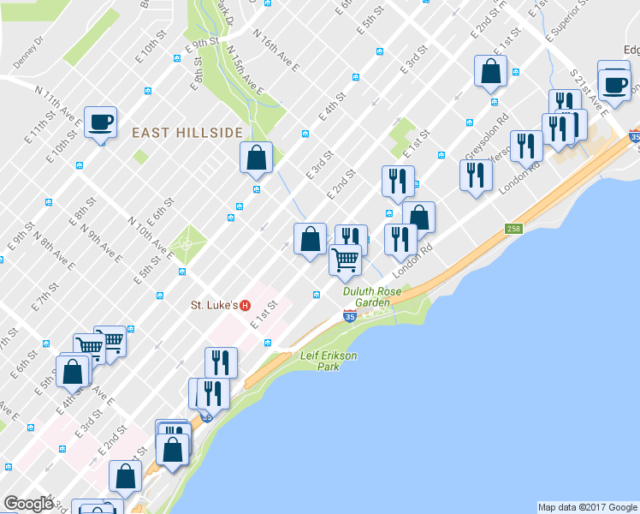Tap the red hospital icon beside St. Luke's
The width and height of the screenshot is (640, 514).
tap(246, 305)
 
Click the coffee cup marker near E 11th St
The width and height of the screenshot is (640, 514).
tap(100, 121)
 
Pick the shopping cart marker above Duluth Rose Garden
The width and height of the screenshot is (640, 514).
tap(345, 259)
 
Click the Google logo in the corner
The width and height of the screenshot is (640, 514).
tap(27, 504)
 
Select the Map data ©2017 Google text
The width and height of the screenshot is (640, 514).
tap(587, 507)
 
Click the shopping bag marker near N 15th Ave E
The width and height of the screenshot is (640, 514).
tap(256, 158)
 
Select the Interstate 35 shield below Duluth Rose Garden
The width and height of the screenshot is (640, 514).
tap(350, 316)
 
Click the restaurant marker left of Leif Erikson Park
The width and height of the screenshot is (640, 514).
tap(221, 362)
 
